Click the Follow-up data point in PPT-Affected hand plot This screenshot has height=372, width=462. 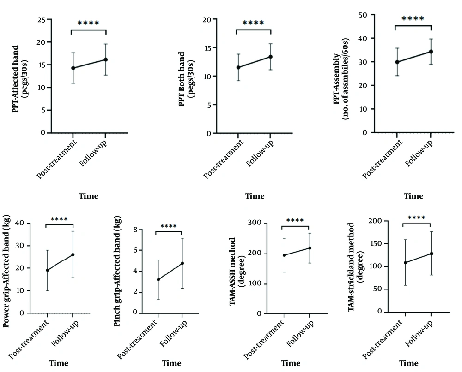click(106, 59)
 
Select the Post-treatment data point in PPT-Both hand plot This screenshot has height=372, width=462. click(238, 67)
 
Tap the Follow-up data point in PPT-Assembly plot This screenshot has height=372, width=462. click(431, 52)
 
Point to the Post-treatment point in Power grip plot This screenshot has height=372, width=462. click(47, 270)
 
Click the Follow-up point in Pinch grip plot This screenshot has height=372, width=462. click(182, 263)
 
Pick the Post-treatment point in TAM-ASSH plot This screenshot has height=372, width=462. click(284, 255)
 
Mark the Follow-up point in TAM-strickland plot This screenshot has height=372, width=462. click(431, 254)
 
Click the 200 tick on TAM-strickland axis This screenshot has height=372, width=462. click(386, 221)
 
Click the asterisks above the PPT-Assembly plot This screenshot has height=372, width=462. click(413, 19)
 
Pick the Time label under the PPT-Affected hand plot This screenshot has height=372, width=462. click(89, 196)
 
